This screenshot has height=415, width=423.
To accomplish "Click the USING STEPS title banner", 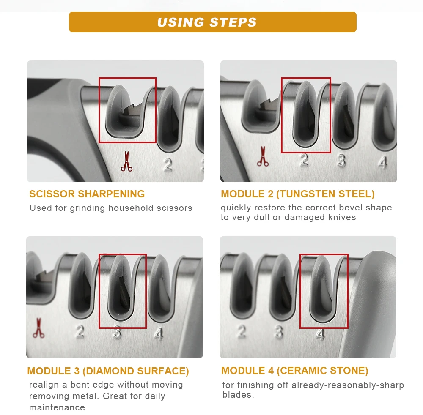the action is point(213,22).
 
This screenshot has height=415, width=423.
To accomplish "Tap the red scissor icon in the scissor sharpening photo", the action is point(126,161).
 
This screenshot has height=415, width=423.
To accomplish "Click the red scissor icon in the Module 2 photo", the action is point(263,156).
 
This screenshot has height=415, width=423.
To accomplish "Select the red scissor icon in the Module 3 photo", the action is point(38,328).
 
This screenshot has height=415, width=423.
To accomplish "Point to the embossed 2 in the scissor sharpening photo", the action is point(168,165).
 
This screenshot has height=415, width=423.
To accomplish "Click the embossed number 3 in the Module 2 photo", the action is point(341,161).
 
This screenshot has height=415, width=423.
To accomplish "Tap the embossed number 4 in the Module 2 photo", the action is point(383,163).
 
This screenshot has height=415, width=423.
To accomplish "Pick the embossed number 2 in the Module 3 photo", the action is point(80,331).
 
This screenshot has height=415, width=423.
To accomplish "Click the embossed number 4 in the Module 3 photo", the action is point(159,334).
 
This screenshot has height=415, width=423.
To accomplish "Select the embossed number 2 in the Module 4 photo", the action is point(242,331).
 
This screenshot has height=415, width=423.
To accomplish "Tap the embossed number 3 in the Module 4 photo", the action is point(279,332).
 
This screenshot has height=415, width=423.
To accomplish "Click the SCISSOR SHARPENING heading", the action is point(87,194).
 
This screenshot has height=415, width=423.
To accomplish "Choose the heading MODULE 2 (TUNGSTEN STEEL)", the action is point(298,194).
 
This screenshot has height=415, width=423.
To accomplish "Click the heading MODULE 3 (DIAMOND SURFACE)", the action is point(108,371).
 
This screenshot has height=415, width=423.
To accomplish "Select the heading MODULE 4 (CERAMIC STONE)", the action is point(294,371).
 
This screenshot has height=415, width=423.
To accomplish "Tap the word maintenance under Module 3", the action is point(57,407).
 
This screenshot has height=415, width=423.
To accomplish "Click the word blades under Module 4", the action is point(238,395).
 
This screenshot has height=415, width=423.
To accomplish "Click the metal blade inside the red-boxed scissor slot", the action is point(132,110).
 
